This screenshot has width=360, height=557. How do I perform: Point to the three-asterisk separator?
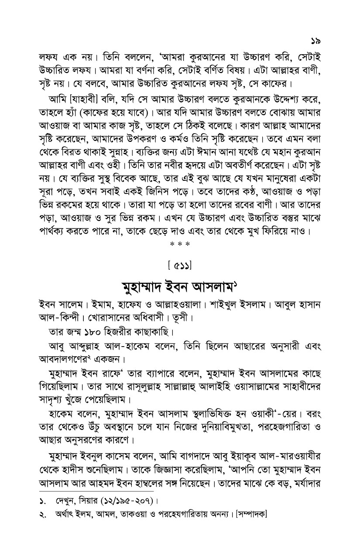tap(180, 244)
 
